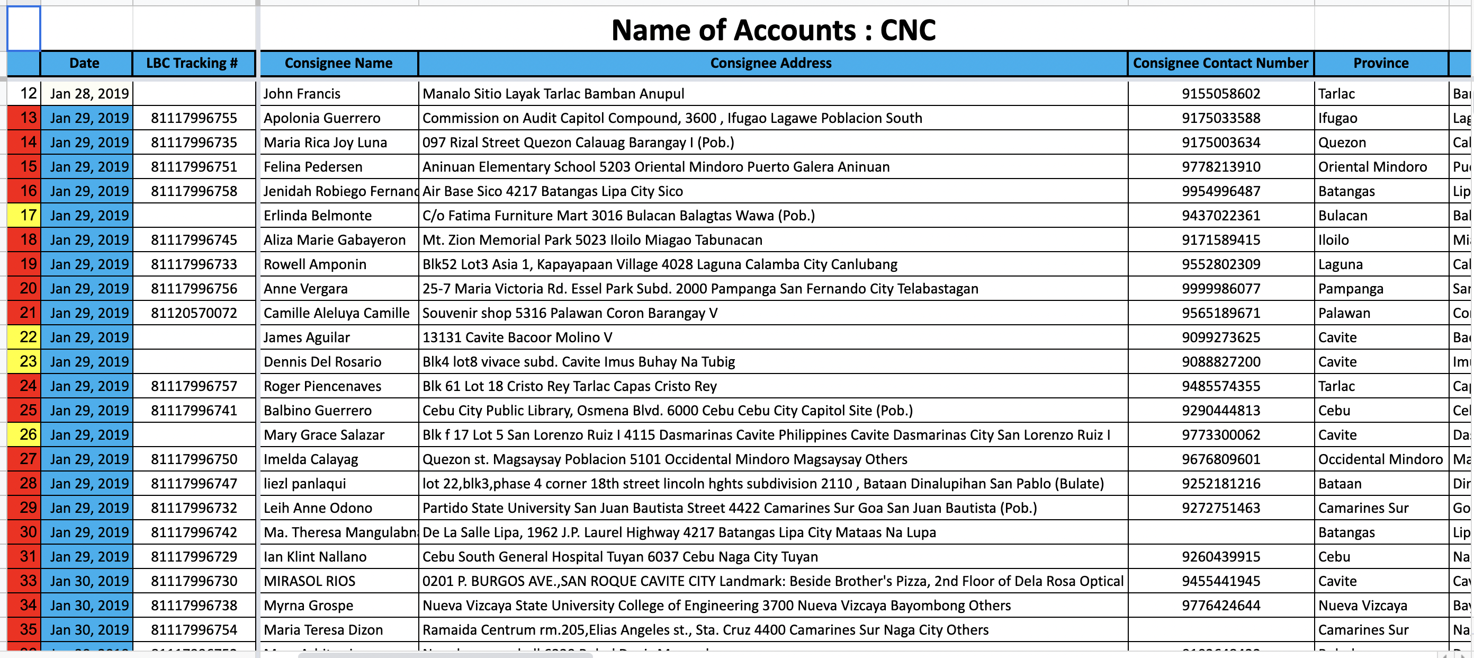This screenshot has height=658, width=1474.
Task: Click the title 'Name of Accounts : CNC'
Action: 773,30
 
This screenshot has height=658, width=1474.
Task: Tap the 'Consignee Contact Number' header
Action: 1220,63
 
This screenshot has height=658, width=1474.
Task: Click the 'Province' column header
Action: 1380,63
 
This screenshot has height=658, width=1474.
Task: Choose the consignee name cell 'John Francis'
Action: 302,94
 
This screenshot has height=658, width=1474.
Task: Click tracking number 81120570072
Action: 193,313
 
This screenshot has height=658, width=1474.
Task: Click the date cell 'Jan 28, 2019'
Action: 89,94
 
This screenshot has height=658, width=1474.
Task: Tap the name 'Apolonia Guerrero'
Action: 321,119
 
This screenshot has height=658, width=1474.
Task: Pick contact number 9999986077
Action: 1220,289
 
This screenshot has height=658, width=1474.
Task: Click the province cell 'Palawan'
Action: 1344,313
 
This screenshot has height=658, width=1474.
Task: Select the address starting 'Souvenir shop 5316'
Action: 569,313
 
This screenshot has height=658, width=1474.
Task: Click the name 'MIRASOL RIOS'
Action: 309,581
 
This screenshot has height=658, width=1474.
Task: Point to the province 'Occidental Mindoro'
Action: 1380,459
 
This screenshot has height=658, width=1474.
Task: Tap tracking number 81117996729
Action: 193,557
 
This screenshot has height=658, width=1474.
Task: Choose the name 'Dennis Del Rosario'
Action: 322,362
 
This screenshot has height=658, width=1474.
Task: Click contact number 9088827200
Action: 1220,362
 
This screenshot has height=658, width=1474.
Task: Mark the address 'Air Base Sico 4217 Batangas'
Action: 552,191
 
